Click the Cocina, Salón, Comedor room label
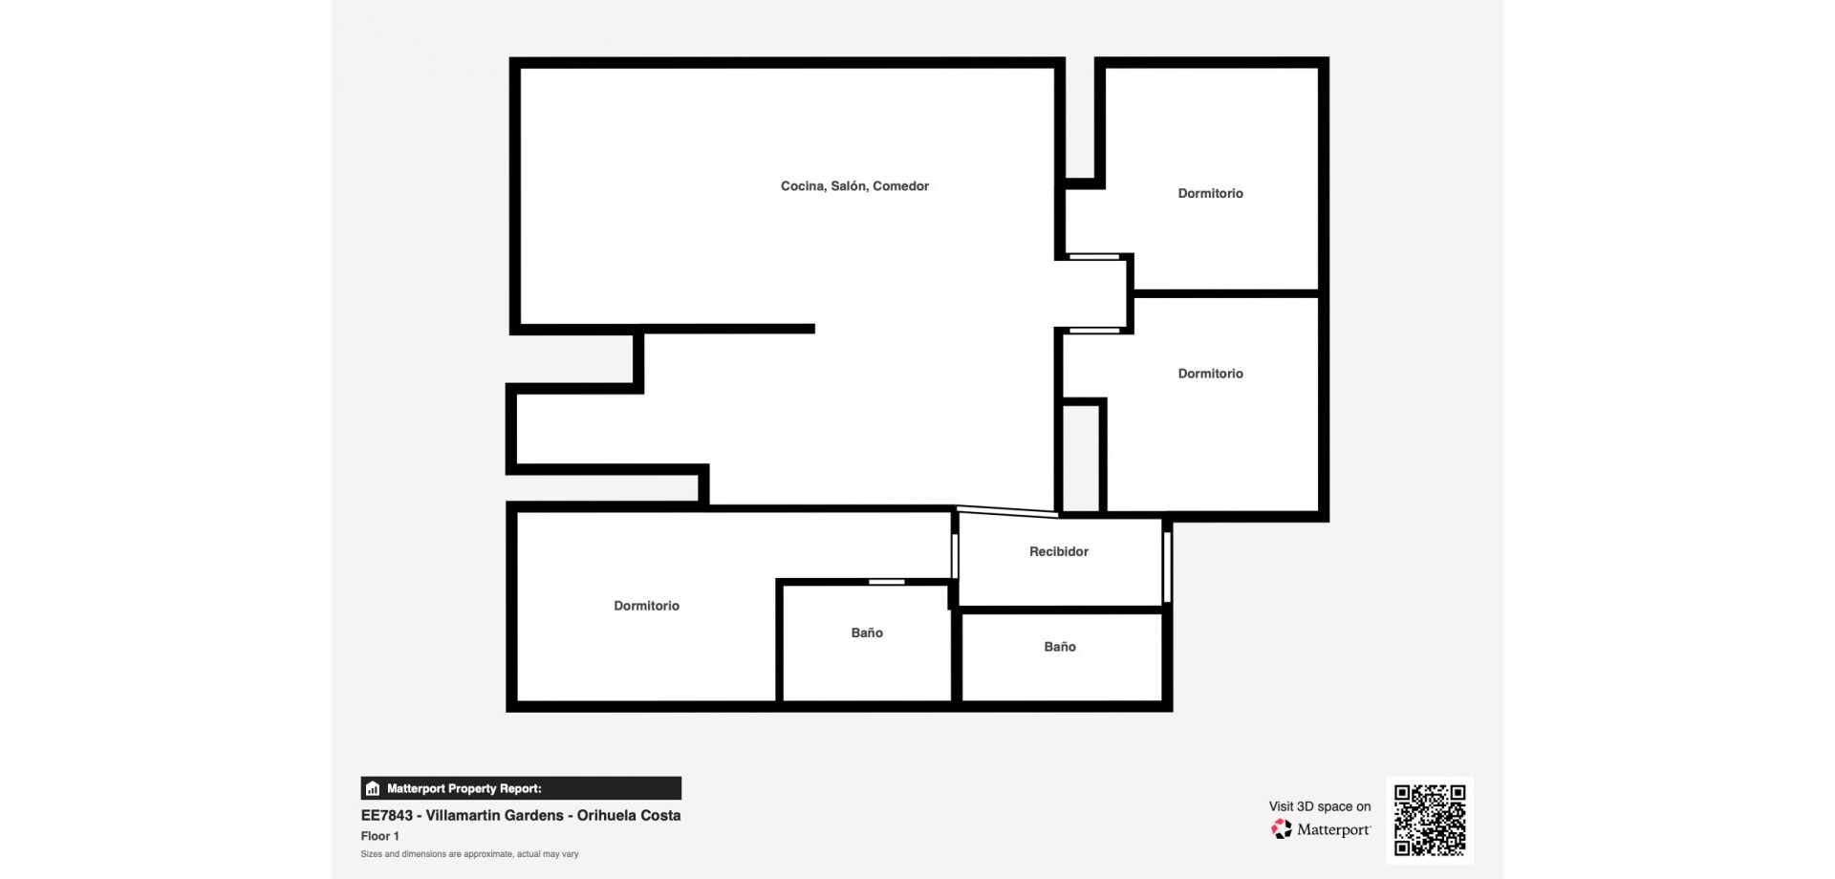(x=854, y=186)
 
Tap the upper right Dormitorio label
(x=1210, y=193)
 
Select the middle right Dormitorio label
(x=1210, y=374)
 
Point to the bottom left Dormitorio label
(x=646, y=606)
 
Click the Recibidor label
(x=1059, y=551)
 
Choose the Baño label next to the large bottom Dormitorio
(x=867, y=632)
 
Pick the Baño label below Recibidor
(x=1060, y=647)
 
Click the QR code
(x=1430, y=820)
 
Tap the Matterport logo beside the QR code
(x=1321, y=829)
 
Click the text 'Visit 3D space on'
(x=1320, y=806)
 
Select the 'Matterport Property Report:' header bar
(x=521, y=788)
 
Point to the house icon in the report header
(x=373, y=788)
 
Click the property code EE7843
(x=387, y=815)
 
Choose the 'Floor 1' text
(x=379, y=836)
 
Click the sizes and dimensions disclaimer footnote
(x=469, y=854)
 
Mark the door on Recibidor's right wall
(x=1167, y=567)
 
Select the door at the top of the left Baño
(x=887, y=582)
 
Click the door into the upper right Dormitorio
(x=1094, y=256)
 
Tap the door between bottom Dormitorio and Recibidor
(x=955, y=555)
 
